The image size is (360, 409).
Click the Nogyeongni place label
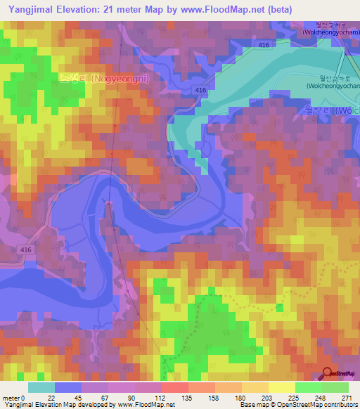(90, 79)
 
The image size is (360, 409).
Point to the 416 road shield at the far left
(25, 249)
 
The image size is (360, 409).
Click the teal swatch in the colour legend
(41, 387)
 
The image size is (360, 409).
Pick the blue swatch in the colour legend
(68, 387)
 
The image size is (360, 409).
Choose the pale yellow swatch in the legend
(282, 387)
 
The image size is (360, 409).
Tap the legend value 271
(345, 397)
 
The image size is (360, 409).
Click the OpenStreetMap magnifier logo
(328, 373)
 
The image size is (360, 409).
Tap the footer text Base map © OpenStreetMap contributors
(299, 405)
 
